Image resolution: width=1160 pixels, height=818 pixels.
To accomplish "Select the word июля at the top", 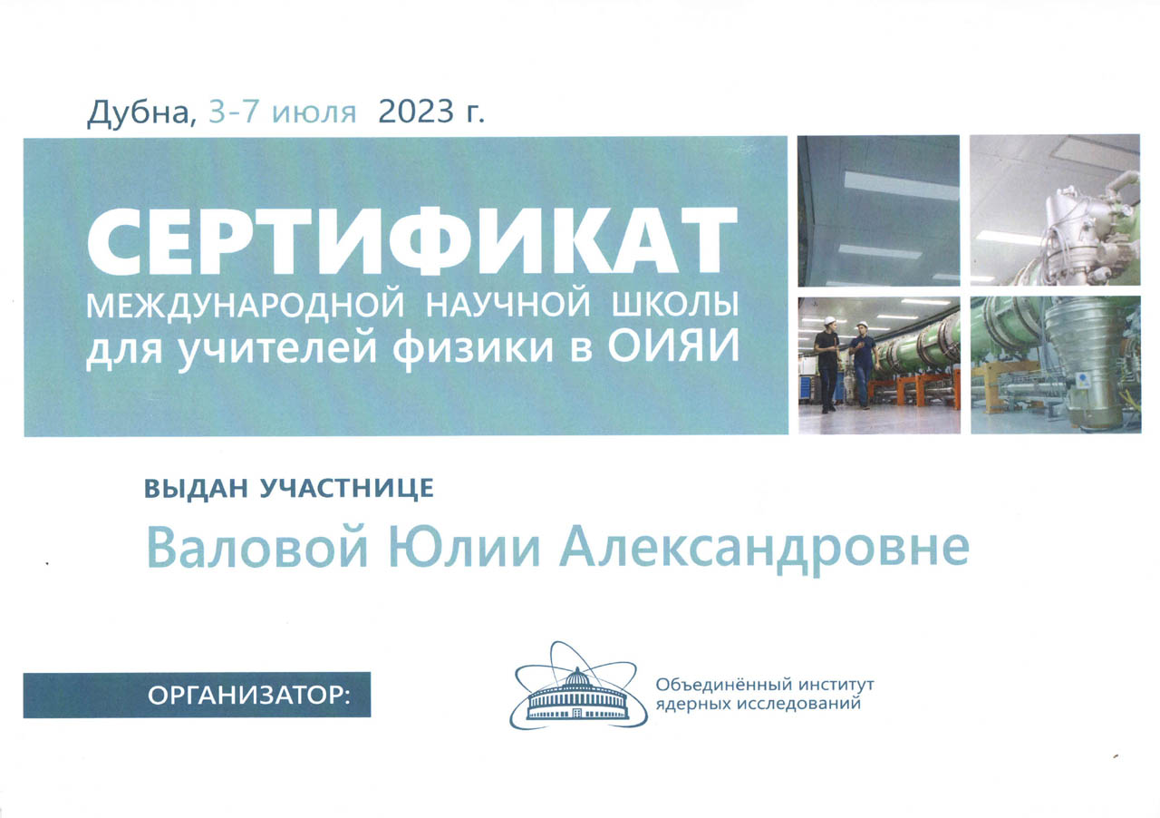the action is point(314,113).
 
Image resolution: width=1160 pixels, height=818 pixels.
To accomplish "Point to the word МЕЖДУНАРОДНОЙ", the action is point(245,306).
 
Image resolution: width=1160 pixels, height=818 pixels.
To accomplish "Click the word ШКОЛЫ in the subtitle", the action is point(675,305).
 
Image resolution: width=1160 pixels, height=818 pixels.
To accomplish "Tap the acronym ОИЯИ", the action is point(673,346).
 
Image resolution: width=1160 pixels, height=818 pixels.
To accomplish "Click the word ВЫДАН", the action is point(197,488).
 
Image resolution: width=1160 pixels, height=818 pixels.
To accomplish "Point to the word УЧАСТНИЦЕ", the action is point(346,488).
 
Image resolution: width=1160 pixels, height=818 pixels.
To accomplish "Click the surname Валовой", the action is point(257,549).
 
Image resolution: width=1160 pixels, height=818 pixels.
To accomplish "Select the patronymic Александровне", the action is point(764,550).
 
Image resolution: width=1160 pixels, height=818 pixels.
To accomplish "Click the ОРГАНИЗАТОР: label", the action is point(249,696).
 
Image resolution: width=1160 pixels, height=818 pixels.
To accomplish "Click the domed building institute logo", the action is point(578,686).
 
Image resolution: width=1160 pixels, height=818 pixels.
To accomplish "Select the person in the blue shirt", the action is point(863,363).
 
